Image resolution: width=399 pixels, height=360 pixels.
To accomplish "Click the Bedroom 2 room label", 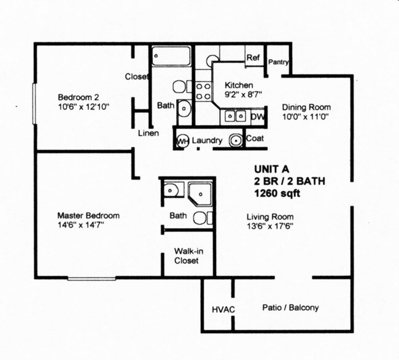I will pyautogui.click(x=78, y=97).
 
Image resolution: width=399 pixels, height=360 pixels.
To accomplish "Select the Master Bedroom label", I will pyautogui.click(x=88, y=216).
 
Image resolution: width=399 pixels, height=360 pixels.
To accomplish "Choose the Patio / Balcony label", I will pyautogui.click(x=290, y=308).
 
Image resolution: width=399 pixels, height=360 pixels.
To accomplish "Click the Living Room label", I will pyautogui.click(x=269, y=216).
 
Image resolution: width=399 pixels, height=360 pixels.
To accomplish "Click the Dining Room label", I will pyautogui.click(x=306, y=107).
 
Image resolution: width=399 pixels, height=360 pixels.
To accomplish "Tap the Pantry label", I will pyautogui.click(x=279, y=62).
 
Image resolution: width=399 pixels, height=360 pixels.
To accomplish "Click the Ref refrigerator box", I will pyautogui.click(x=254, y=58).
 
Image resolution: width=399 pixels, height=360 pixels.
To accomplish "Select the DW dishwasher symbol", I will pyautogui.click(x=258, y=116).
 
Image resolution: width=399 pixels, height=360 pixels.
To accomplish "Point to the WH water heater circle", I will pyautogui.click(x=182, y=141).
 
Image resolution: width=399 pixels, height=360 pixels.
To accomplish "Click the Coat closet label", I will pyautogui.click(x=255, y=139).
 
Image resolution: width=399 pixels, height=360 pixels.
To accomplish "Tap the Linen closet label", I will pyautogui.click(x=149, y=133).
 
